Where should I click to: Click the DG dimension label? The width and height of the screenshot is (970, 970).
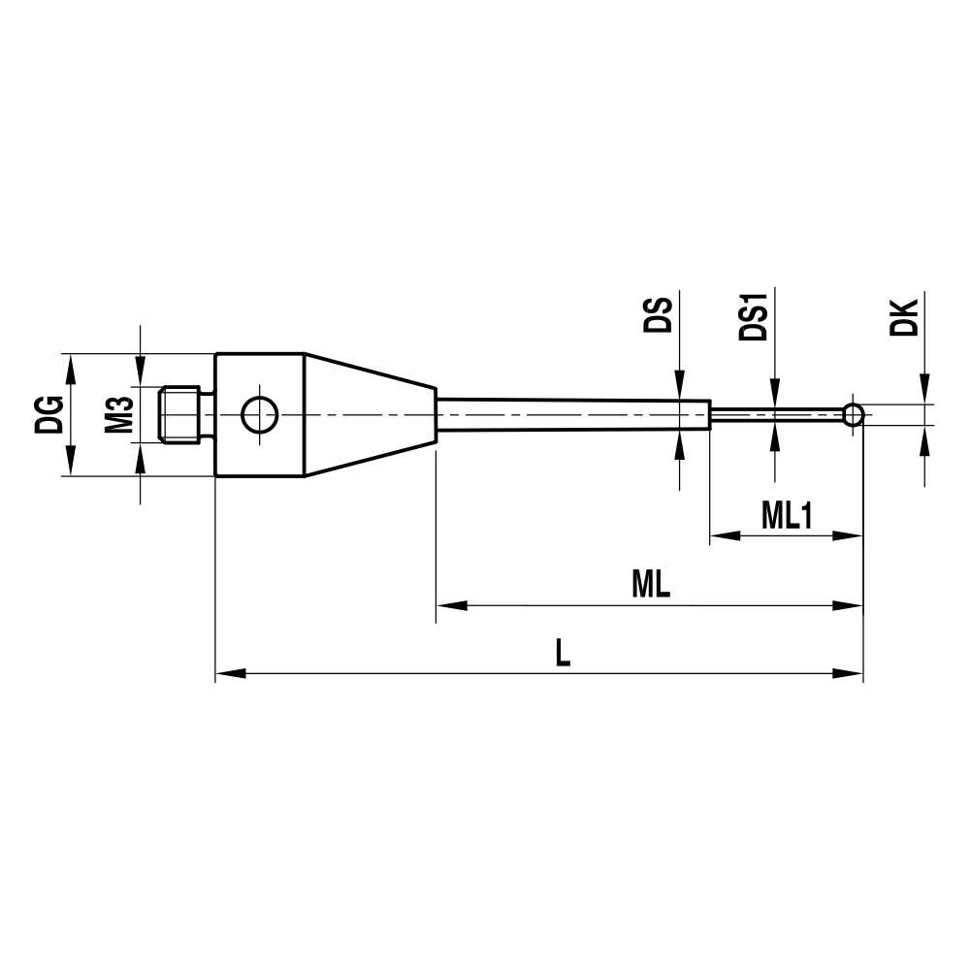point(52,414)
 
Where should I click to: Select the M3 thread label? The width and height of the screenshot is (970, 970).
point(119,414)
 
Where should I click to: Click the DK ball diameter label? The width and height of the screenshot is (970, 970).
point(903,316)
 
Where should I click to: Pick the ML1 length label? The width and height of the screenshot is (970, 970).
point(786,516)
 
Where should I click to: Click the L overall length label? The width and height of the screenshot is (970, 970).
point(563,653)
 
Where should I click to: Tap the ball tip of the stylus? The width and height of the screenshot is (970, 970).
point(853,415)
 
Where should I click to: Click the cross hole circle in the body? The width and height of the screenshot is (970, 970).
point(259,415)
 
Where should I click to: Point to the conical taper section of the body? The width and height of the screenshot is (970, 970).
point(369,415)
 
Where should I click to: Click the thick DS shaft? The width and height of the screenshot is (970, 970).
point(572,415)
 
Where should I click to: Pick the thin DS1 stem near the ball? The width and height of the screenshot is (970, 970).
point(776,415)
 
